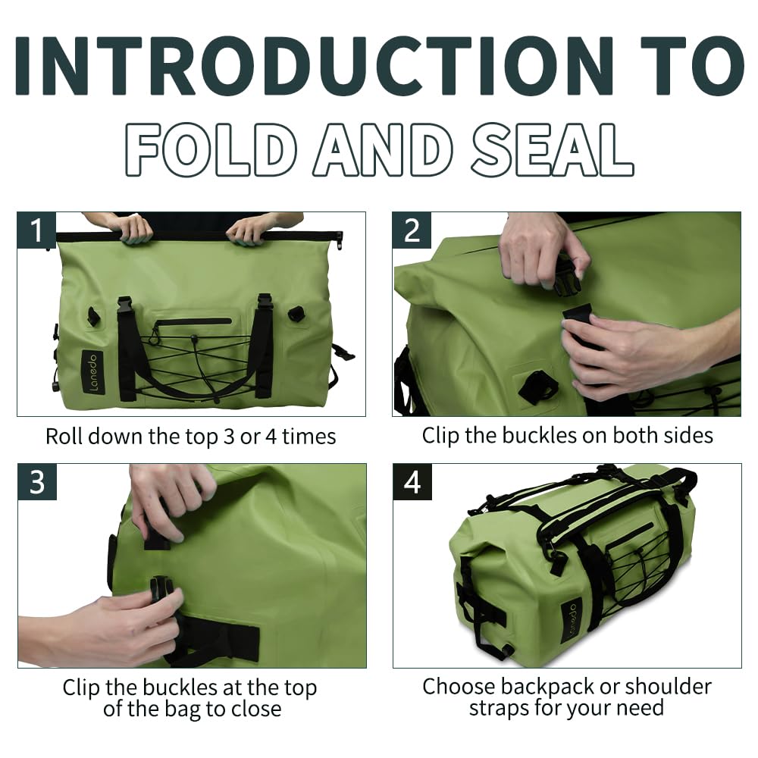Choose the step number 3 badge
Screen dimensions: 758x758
tap(37, 482)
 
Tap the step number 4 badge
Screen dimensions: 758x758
tap(412, 482)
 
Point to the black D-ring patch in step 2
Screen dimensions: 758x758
tap(537, 386)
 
